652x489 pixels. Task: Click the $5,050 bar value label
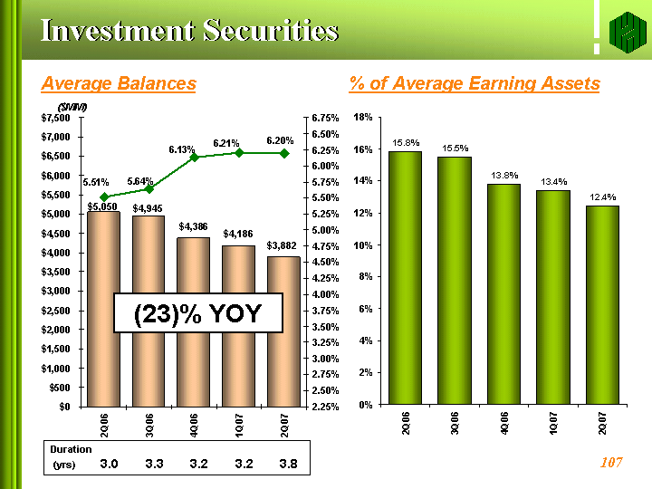pyautogui.click(x=102, y=206)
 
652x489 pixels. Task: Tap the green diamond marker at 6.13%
pyautogui.click(x=194, y=158)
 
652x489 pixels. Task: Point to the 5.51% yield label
pyautogui.click(x=96, y=182)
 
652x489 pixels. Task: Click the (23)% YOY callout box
pyautogui.click(x=198, y=313)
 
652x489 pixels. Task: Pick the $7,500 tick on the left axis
pyautogui.click(x=55, y=118)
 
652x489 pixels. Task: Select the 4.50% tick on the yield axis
pyautogui.click(x=325, y=262)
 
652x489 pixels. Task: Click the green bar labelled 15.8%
pyautogui.click(x=405, y=278)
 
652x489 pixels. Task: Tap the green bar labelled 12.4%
pyautogui.click(x=602, y=305)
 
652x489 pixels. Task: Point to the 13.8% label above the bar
pyautogui.click(x=504, y=175)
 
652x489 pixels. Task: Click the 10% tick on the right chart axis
pyautogui.click(x=362, y=245)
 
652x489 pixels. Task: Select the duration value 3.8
pyautogui.click(x=288, y=464)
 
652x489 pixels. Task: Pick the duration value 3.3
pyautogui.click(x=154, y=464)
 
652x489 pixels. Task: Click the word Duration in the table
pyautogui.click(x=71, y=449)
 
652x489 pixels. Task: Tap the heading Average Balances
pyautogui.click(x=119, y=83)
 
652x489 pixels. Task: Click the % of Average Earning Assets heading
pyautogui.click(x=475, y=83)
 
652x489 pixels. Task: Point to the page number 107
pyautogui.click(x=611, y=462)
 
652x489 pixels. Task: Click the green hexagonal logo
pyautogui.click(x=628, y=33)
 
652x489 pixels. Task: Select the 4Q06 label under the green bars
pyautogui.click(x=504, y=423)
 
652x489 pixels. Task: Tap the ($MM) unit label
pyautogui.click(x=72, y=107)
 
